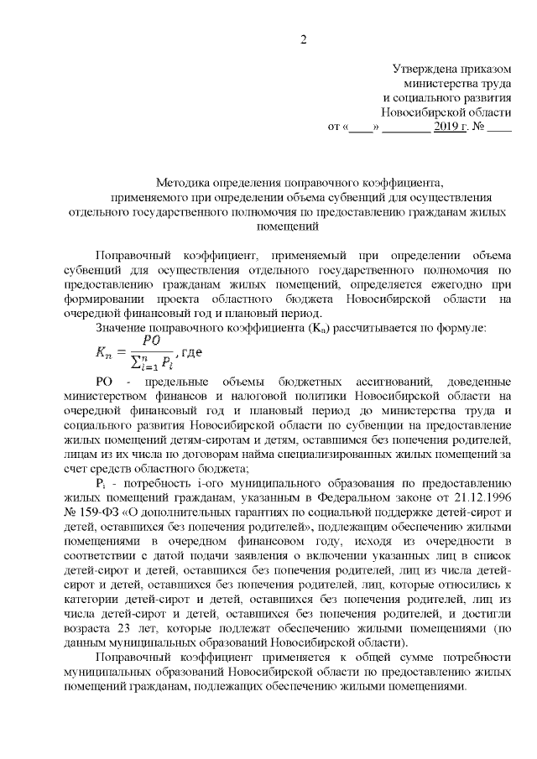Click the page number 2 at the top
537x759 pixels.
(305, 39)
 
